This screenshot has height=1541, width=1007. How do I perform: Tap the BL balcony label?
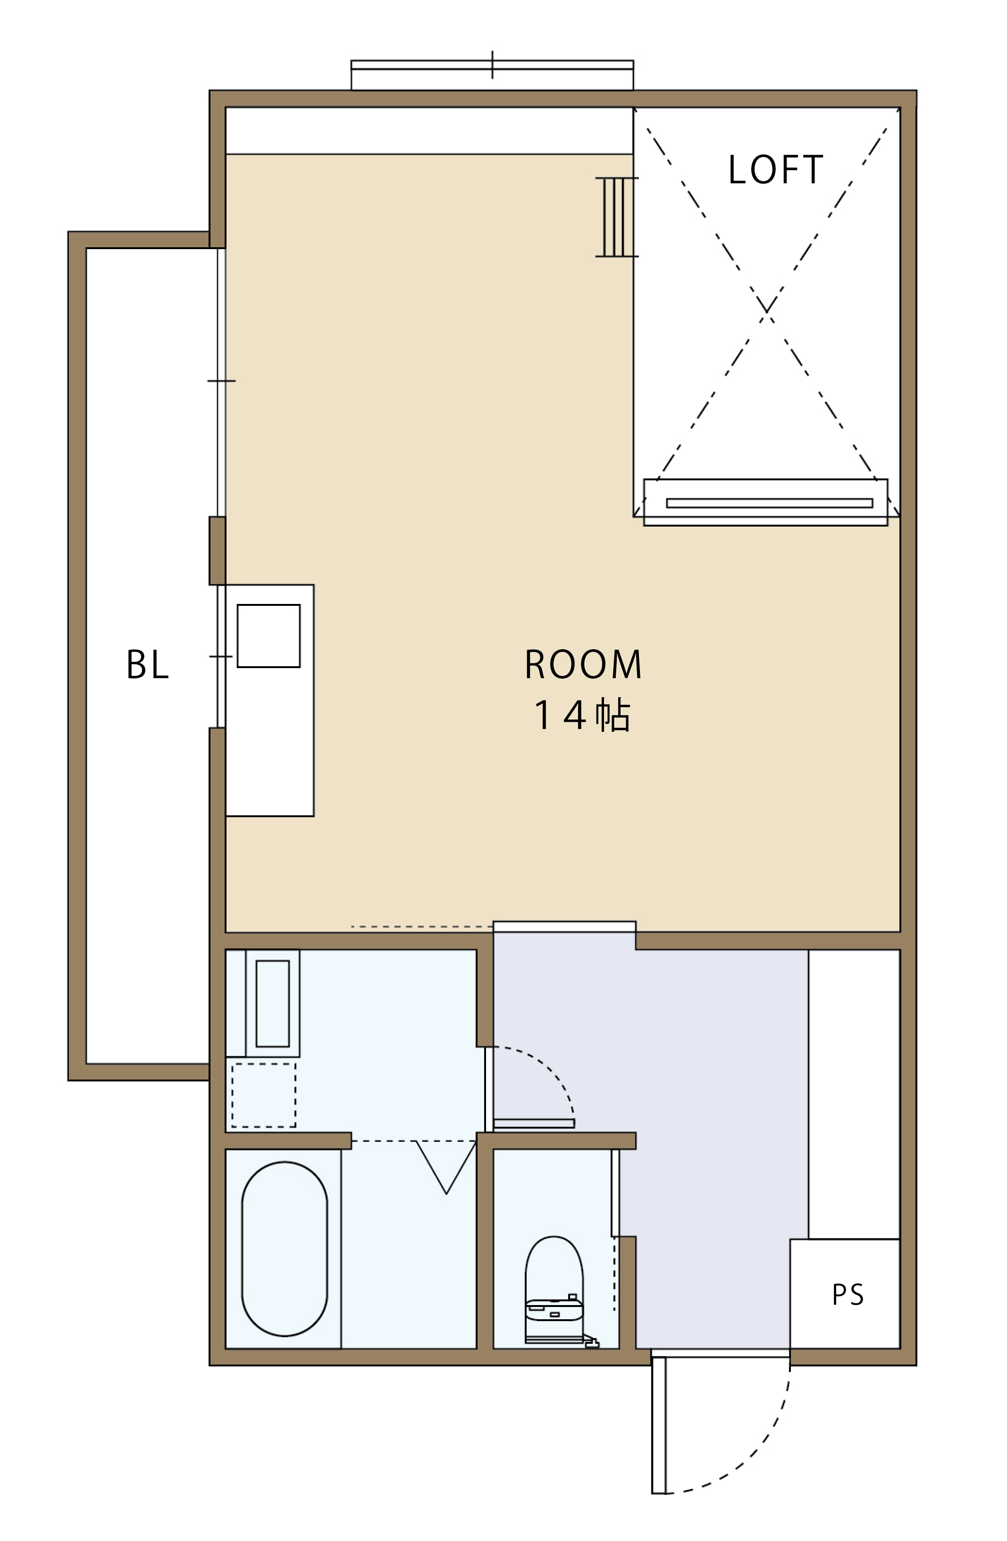coord(148,664)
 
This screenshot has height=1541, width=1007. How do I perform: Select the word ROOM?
coord(583,664)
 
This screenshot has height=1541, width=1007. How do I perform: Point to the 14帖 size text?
coord(581,715)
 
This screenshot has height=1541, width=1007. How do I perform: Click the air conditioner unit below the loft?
coord(765,502)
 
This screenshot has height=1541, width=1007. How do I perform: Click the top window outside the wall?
coord(492,75)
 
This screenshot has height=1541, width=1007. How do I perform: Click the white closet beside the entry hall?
coord(854,1094)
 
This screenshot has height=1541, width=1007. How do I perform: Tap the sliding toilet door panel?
coord(615,1192)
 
